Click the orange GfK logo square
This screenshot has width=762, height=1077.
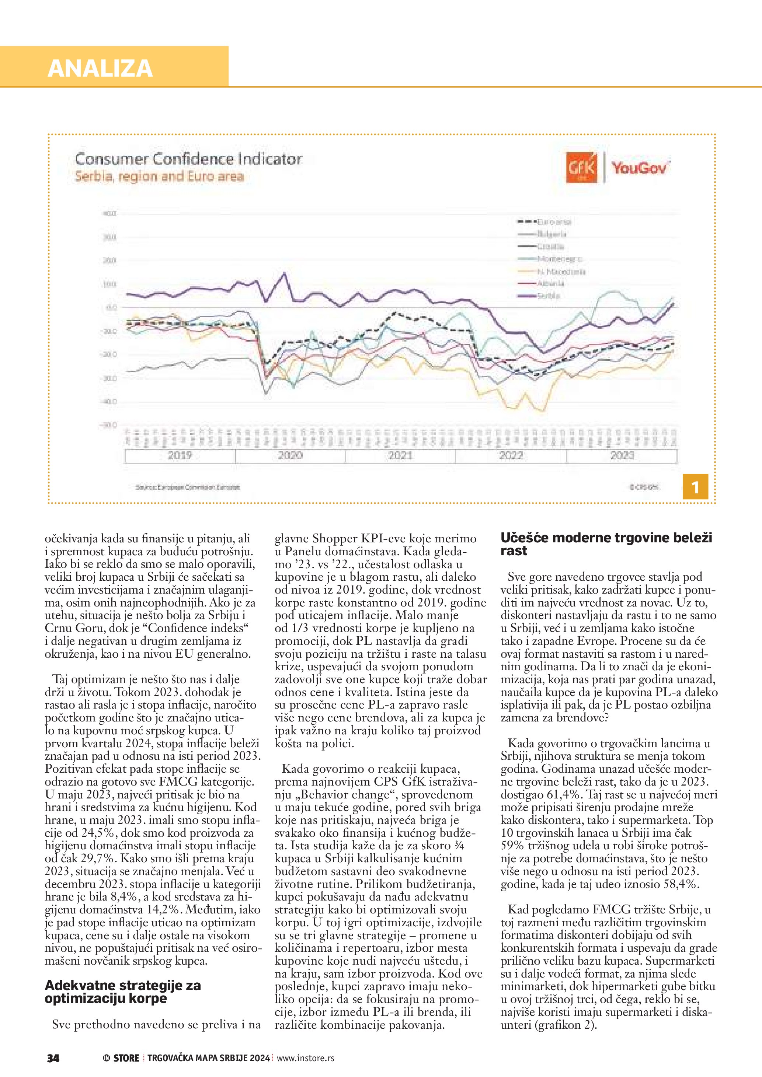582,167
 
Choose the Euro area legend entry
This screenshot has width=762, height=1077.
554,222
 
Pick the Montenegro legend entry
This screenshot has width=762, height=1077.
559,259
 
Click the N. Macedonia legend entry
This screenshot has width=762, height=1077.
561,272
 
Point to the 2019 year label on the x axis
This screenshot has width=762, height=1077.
180,455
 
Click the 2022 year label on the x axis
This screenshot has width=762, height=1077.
511,455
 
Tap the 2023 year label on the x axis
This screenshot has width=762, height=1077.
622,455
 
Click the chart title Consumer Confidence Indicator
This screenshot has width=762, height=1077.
188,159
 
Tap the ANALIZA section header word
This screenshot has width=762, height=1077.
100,69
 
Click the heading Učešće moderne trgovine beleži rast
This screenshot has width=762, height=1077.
606,544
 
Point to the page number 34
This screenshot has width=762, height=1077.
53,1058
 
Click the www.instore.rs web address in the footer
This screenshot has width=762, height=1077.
306,1058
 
